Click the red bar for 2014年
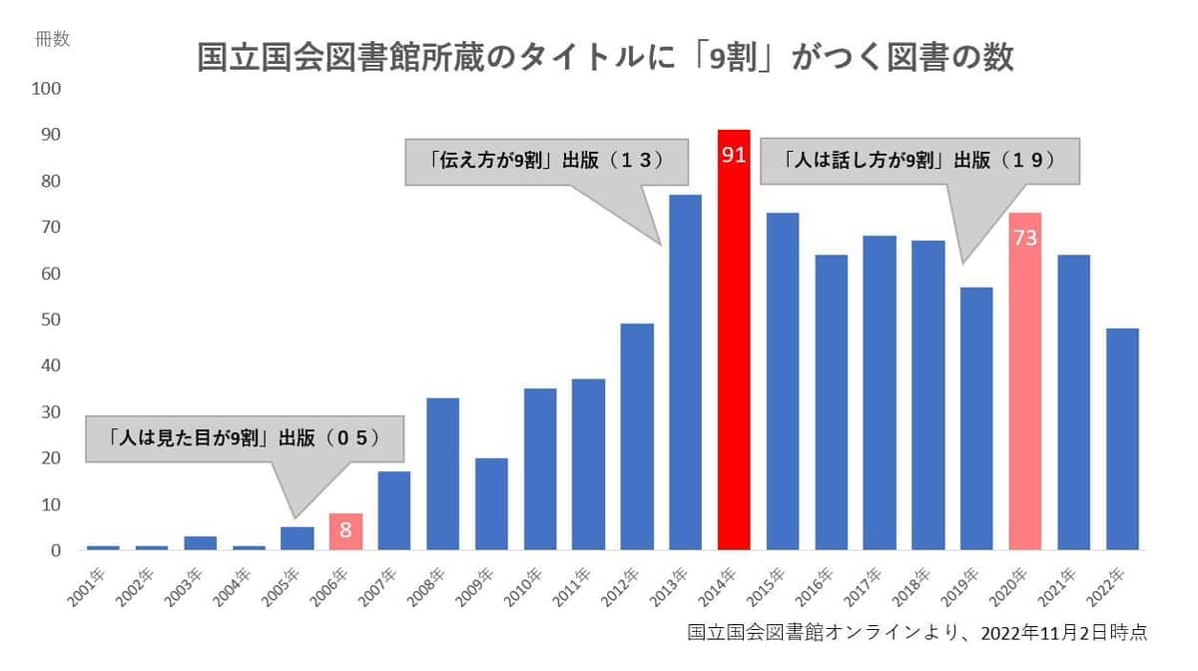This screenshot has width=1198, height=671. [733, 349]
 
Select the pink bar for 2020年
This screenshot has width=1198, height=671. [1024, 389]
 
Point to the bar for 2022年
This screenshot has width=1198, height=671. [1121, 439]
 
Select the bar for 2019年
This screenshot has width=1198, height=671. [975, 419]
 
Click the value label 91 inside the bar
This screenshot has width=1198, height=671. [733, 157]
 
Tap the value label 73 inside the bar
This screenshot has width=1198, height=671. [1024, 240]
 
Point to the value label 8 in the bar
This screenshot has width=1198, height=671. [345, 530]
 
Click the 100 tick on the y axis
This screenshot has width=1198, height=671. [47, 89]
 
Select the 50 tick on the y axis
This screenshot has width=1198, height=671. [51, 320]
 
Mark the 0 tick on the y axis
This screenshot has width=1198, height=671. [56, 550]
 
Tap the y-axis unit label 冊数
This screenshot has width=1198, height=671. [52, 39]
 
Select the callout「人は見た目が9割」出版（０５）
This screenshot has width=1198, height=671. [246, 438]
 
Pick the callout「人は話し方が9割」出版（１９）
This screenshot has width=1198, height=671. [919, 160]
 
